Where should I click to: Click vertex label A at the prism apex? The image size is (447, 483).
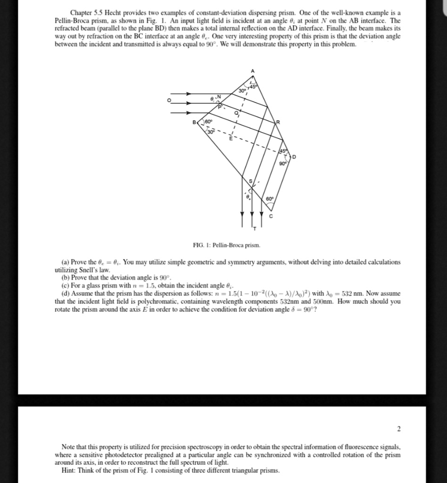click(252, 71)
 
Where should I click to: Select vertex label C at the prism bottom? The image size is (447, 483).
click(271, 216)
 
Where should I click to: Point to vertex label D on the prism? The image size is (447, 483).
click(295, 156)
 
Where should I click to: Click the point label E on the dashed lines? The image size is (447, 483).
click(231, 138)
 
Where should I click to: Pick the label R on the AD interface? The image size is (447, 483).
click(278, 122)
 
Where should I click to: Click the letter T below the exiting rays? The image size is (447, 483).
click(255, 229)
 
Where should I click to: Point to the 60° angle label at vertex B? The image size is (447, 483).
click(207, 122)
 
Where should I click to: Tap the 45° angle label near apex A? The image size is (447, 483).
click(255, 86)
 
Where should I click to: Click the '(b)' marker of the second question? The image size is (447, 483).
click(66, 277)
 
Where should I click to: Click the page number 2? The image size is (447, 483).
click(398, 429)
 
